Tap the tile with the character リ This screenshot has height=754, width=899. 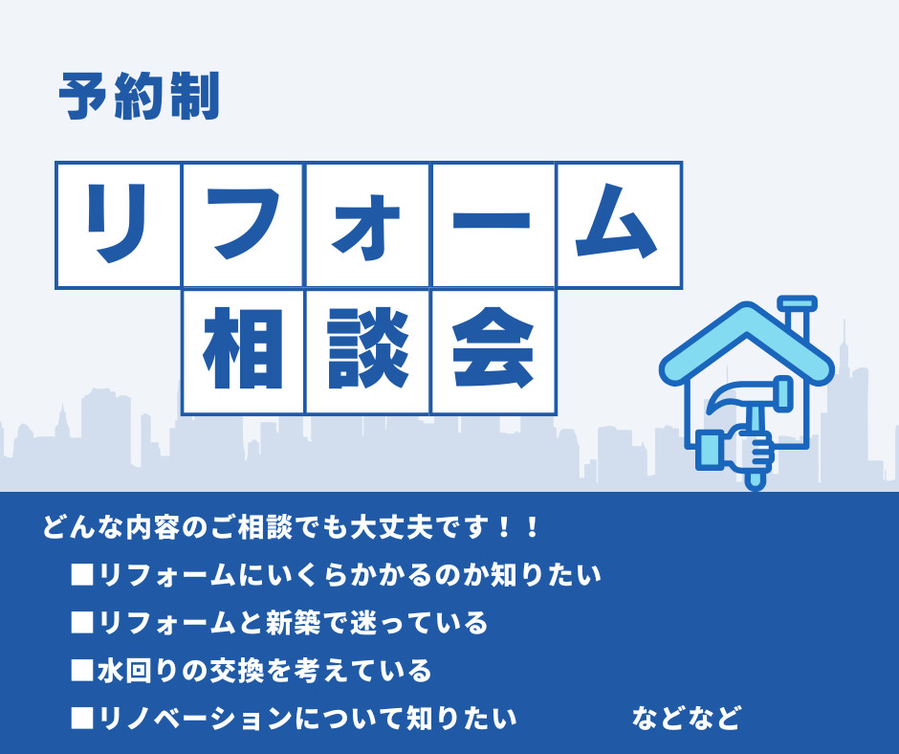point(119,225)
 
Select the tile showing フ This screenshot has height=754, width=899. point(243,225)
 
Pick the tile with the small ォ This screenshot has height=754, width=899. point(367,225)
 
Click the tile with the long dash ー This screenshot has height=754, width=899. point(493,225)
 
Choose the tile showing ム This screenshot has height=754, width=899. point(618,225)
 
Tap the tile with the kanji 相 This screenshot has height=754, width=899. point(243,351)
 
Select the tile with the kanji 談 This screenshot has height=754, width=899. point(367,351)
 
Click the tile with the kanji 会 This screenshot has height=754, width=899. point(493,351)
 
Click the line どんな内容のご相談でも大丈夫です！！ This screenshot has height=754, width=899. point(292,527)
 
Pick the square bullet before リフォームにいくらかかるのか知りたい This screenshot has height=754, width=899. point(81,576)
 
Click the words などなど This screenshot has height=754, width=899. point(686,718)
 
